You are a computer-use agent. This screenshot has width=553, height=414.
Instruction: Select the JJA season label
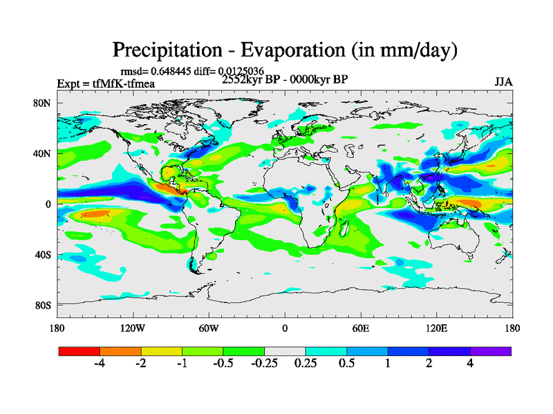(503, 81)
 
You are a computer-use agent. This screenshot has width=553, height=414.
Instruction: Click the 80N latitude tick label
(45, 103)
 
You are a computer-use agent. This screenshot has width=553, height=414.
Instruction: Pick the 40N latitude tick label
(45, 154)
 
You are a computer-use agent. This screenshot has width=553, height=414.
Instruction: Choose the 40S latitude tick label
(45, 255)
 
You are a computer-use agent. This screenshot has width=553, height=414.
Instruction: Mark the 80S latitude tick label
(45, 305)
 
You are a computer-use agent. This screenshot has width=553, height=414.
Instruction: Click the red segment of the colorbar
(79, 351)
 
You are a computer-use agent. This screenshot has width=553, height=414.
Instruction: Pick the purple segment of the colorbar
(491, 351)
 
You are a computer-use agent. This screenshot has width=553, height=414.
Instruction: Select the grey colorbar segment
(285, 351)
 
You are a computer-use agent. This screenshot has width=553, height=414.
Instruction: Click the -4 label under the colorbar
(99, 364)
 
